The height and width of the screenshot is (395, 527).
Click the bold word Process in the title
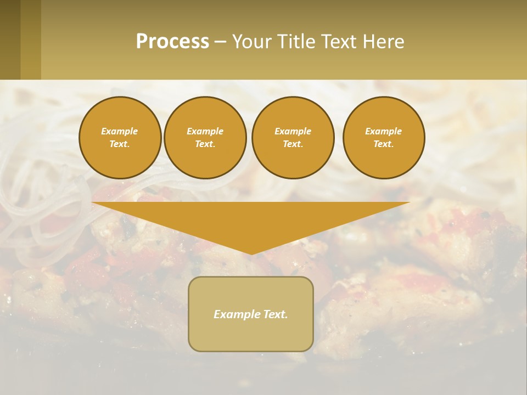(x=172, y=42)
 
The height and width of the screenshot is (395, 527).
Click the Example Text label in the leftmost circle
(x=120, y=138)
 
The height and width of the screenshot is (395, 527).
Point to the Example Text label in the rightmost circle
(x=383, y=138)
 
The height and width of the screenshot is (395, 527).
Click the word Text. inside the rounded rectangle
(x=275, y=314)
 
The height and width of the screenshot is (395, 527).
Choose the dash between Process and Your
(x=220, y=42)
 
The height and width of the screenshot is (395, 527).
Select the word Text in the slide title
(x=340, y=42)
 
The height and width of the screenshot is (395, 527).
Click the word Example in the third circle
(x=293, y=131)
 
